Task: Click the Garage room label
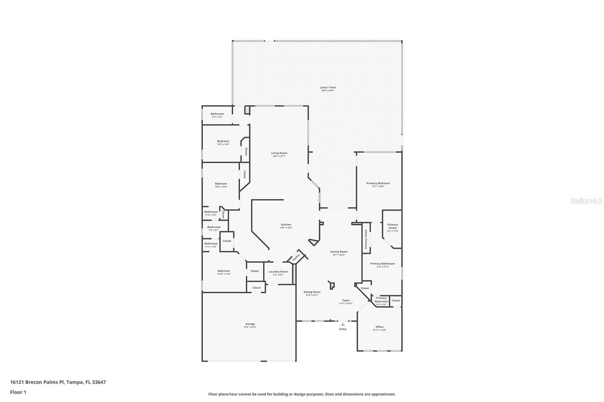[x=250, y=324]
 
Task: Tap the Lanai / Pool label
[x=328, y=87]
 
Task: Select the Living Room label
[x=279, y=153]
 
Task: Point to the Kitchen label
[x=286, y=225]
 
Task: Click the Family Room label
[x=339, y=252]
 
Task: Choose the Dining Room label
[x=312, y=292]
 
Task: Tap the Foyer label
[x=346, y=301]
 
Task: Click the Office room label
[x=379, y=327]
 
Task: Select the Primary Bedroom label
[x=378, y=183]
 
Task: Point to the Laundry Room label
[x=278, y=272]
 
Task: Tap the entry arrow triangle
[x=343, y=324]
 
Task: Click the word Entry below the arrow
[x=343, y=329]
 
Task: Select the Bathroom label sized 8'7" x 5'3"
[x=217, y=114]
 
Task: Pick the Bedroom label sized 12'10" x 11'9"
[x=223, y=271]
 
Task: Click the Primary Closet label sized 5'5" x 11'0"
[x=393, y=226]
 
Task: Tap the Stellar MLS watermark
[x=586, y=201]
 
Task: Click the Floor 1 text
[x=18, y=392]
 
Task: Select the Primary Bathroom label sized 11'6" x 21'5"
[x=382, y=264]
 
